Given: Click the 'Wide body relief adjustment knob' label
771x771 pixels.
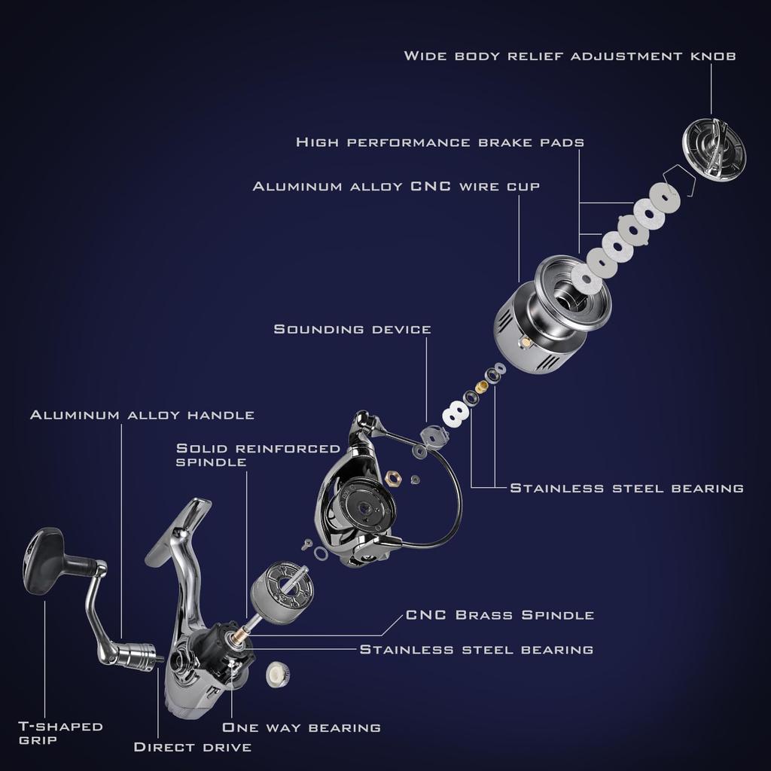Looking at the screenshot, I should pos(570,56).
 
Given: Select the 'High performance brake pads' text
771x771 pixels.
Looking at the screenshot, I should pos(440,142).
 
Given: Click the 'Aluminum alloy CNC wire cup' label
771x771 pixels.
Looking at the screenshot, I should pos(396,186).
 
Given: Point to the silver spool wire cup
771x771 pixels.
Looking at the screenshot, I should pos(547,315).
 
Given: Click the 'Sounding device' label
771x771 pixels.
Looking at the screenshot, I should pos(352,329).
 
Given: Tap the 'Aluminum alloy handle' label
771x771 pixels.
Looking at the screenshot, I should pos(142,415).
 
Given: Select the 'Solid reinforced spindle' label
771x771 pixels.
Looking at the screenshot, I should pos(258,455).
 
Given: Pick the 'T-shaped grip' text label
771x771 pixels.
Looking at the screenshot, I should pos(60,733).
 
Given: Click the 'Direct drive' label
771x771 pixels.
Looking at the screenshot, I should pos(192,747).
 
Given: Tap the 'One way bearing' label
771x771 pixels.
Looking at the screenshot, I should pos(301,727).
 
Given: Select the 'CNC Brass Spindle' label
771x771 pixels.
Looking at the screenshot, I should pos(500,615).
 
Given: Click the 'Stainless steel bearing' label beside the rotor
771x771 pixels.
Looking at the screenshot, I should pos(626,488).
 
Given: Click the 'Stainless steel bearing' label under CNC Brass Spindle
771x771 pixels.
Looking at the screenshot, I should pos(477,649).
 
